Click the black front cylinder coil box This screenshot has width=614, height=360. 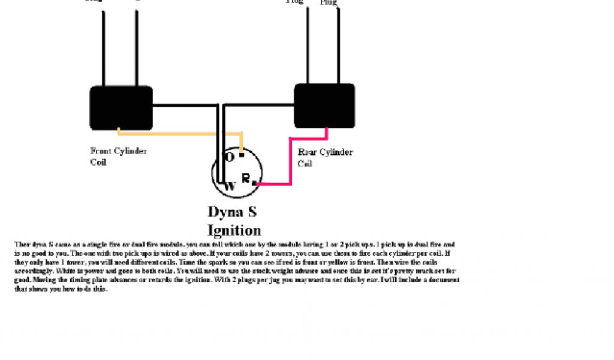(121, 107)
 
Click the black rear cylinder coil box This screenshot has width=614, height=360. (324, 105)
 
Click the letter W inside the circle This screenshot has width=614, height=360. (230, 186)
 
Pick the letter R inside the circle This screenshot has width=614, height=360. (246, 178)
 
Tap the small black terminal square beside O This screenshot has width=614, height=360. (241, 154)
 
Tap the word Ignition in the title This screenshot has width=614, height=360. (234, 230)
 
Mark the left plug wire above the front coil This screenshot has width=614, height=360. (104, 48)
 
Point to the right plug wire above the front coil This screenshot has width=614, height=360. (137, 48)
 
